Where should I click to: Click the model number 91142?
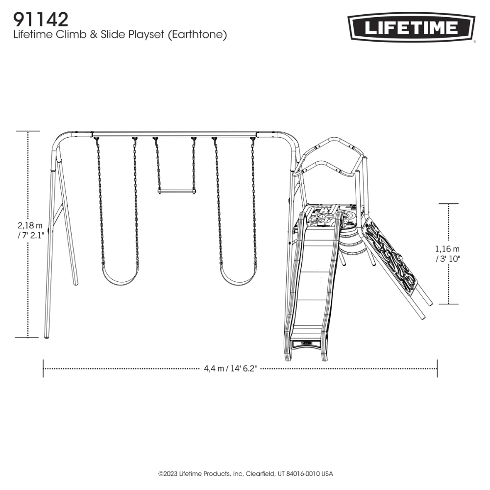[41, 20]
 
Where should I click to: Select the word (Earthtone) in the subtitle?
[197, 35]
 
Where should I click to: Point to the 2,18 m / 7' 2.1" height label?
[30, 230]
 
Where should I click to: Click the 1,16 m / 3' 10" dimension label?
[447, 254]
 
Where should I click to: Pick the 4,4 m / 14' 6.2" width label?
[230, 369]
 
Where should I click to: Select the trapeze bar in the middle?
[176, 191]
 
